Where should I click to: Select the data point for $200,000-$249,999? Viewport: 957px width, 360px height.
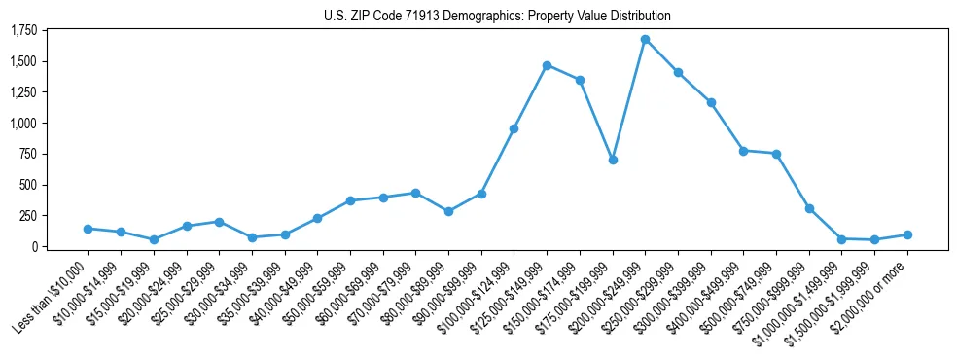645,40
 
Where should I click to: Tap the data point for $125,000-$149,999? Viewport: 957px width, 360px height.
547,65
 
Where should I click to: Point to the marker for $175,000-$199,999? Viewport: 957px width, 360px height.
613,160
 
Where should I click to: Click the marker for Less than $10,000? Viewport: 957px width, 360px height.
89,229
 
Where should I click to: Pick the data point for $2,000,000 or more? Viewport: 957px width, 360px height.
907,234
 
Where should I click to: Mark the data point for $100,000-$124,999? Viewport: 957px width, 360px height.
514,128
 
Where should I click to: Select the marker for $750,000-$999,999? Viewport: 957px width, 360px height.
809,208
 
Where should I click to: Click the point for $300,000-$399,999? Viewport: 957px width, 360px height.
711,102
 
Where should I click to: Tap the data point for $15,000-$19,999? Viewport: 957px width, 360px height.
154,239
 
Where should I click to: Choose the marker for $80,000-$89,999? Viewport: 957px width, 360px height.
448,211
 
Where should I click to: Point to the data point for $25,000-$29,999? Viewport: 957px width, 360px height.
219,222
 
